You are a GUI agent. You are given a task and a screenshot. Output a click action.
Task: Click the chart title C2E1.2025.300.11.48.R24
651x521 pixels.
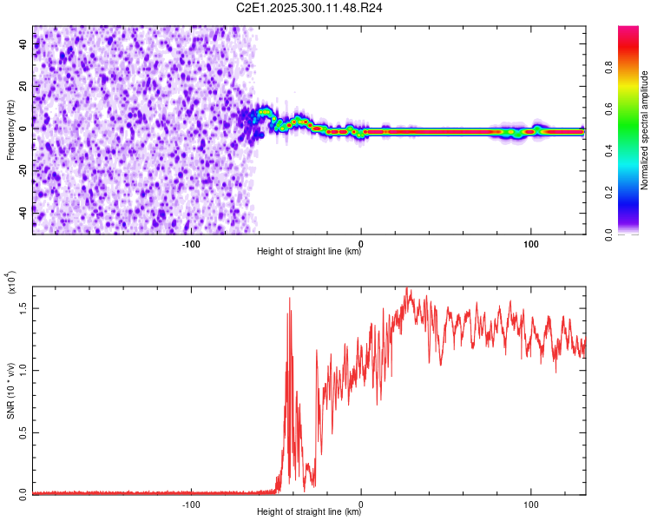310,8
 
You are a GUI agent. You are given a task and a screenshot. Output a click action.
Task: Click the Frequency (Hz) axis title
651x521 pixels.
10,130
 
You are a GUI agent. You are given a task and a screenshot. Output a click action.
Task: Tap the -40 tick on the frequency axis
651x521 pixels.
23,211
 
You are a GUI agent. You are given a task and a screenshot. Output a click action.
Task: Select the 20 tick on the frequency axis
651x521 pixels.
23,86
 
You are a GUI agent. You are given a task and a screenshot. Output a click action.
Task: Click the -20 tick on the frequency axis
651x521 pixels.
23,169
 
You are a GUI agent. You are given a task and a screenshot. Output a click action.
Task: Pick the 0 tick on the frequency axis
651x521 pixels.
23,128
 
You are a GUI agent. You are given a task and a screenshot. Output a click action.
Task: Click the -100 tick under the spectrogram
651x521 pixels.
192,243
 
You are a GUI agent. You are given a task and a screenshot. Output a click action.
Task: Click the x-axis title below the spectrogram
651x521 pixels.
309,253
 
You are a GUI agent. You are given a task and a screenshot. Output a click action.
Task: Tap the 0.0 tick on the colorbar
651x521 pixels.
634,233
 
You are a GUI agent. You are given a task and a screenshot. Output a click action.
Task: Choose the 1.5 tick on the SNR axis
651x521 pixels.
23,307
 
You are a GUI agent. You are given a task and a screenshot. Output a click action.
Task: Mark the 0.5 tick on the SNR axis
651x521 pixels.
23,432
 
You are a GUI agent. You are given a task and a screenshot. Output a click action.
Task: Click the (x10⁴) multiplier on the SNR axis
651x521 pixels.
10,283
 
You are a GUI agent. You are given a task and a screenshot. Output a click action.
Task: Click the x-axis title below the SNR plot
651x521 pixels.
309,513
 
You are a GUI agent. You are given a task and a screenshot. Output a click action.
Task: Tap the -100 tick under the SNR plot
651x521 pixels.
192,504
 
